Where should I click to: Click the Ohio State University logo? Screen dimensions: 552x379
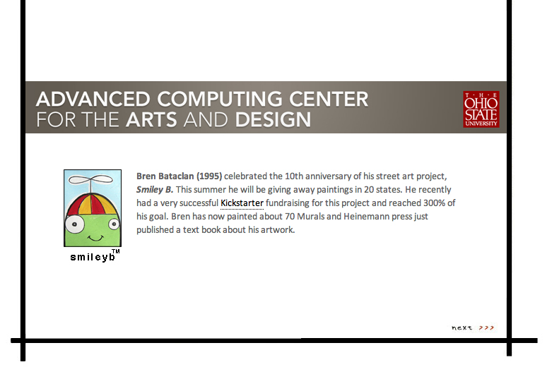481,109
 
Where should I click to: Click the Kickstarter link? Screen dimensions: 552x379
242,203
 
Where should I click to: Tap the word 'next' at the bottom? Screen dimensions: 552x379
462,327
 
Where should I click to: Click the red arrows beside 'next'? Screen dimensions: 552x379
486,327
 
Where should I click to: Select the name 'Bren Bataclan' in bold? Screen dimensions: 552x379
165,176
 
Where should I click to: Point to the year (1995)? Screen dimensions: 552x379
209,176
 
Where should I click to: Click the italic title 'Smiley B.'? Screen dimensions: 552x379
155,189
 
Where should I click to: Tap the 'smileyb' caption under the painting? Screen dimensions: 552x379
93,257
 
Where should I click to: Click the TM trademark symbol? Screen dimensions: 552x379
115,251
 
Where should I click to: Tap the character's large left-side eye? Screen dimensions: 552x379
74,224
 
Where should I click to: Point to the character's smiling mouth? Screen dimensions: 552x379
95,239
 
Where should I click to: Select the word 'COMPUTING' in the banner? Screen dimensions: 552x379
220,99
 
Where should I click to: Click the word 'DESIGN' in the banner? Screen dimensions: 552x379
274,120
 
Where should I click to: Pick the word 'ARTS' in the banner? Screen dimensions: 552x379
151,120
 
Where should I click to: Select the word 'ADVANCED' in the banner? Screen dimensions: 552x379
93,99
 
